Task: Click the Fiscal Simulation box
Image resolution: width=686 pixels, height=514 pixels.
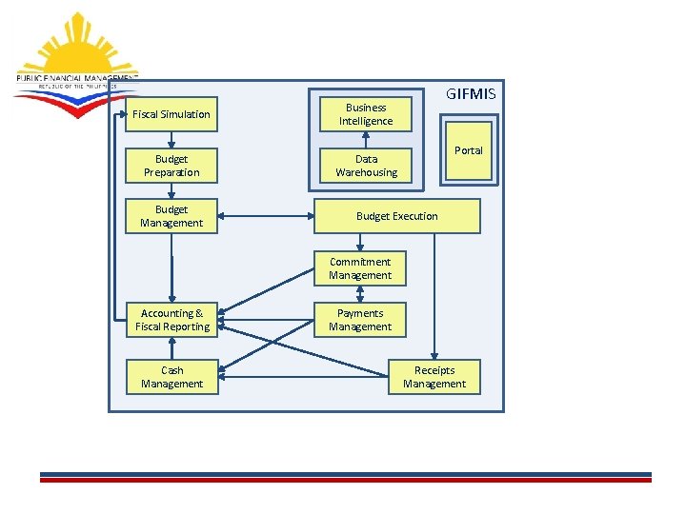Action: point(171,114)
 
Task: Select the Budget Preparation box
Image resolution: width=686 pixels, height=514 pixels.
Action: point(171,166)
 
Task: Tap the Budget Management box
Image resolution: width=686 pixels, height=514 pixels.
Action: point(171,216)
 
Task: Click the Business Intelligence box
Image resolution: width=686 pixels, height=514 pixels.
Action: point(366,114)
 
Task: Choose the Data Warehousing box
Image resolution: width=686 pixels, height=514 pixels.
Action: point(366,166)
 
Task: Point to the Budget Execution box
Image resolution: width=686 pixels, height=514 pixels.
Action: point(397,216)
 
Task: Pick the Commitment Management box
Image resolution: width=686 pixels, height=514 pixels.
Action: point(360,268)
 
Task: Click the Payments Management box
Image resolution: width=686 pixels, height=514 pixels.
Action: point(360,320)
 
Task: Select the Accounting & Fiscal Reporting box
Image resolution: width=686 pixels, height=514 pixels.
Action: point(172,320)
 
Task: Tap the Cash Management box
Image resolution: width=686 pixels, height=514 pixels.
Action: point(171,377)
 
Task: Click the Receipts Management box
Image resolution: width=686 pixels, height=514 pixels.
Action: point(434,377)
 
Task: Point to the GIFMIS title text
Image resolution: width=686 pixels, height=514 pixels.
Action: point(471,94)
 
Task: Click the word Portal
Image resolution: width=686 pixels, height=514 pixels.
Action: point(469,150)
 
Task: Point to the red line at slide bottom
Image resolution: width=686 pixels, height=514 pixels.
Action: point(345,480)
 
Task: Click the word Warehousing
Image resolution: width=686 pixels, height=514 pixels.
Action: point(366,172)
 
